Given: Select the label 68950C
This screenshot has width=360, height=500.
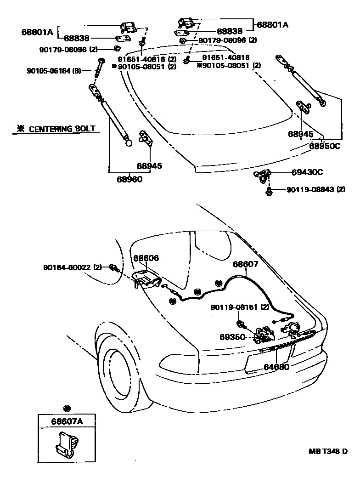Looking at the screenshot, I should click(x=324, y=146).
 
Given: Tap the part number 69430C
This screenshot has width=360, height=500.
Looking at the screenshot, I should click(x=307, y=172).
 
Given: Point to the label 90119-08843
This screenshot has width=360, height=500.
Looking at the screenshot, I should click(x=310, y=189).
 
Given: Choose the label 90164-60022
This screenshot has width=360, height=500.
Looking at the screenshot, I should click(x=67, y=267).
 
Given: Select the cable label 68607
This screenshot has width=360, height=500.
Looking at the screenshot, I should click(x=245, y=264).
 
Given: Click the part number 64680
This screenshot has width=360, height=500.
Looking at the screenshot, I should click(x=276, y=367).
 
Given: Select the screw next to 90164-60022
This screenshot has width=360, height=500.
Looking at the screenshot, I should click(x=113, y=268).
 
